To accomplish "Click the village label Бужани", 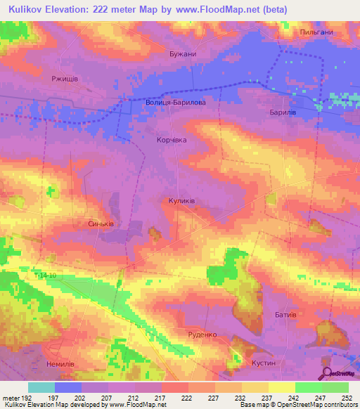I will [x=182, y=53].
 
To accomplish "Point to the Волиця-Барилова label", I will [x=176, y=102].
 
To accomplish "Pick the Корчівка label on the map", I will [x=172, y=140].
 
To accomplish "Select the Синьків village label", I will [x=101, y=224].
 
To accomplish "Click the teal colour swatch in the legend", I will [x=41, y=387].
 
